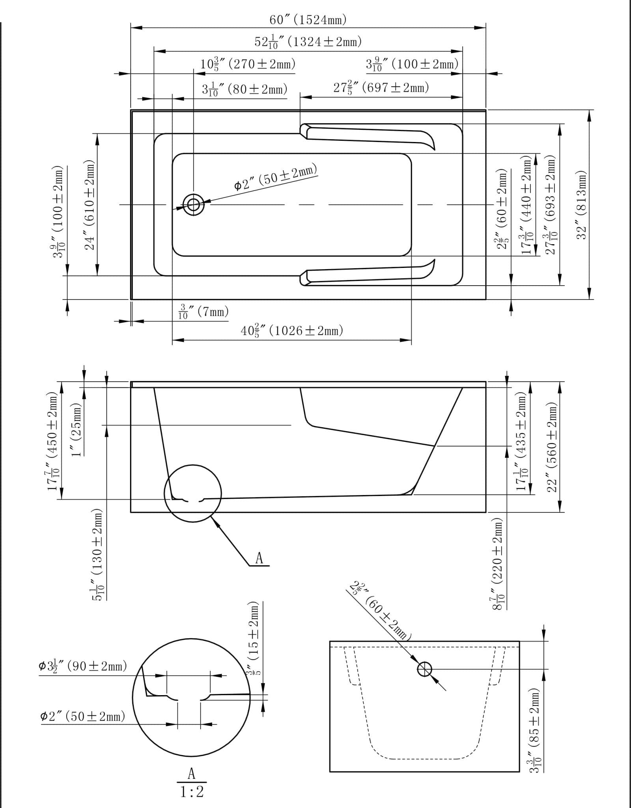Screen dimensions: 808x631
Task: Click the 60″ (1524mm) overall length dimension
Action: [x=308, y=20]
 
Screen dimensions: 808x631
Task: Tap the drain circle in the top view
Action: [x=194, y=204]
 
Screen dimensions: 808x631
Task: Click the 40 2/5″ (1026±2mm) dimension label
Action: [x=292, y=331]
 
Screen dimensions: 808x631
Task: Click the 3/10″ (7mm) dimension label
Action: [x=203, y=312]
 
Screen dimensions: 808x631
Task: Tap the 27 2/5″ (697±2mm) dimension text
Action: [x=381, y=88]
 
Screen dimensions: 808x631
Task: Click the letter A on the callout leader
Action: [x=259, y=558]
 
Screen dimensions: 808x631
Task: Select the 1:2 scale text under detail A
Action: [x=192, y=791]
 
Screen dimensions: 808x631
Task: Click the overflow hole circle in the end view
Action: [x=424, y=669]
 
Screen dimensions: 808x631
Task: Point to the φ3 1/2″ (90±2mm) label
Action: [x=83, y=666]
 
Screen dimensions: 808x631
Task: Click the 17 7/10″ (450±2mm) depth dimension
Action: [x=53, y=442]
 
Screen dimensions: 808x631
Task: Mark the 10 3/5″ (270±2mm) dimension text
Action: [x=248, y=64]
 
